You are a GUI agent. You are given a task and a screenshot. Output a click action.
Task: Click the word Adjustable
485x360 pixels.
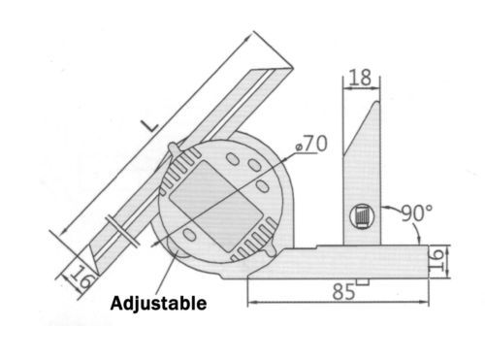(158, 304)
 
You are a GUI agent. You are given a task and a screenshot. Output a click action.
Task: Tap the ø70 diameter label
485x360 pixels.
(311, 144)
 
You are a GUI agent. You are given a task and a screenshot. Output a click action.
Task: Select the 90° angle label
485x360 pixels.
(416, 213)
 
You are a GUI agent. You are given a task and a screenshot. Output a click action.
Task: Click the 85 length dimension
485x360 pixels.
(343, 291)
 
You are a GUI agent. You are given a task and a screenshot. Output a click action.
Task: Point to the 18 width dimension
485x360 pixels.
(360, 78)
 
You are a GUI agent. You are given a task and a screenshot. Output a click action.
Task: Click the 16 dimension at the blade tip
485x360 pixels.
(81, 277)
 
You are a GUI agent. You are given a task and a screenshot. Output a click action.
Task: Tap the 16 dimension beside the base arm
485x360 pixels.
(436, 261)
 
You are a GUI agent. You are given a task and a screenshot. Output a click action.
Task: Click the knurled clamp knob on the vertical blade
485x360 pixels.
(362, 216)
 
